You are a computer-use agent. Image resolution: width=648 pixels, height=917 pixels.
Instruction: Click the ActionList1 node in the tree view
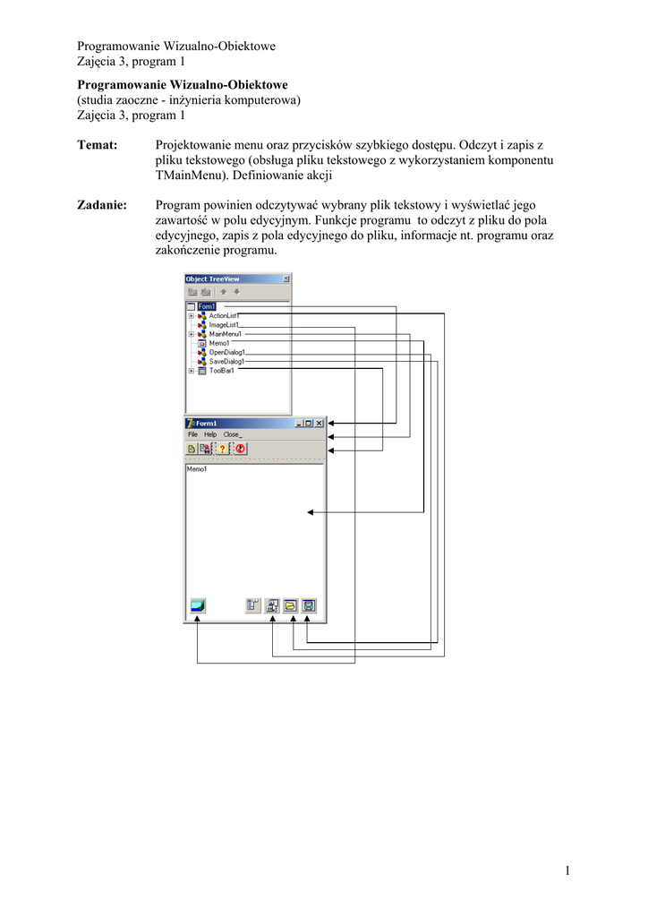224,315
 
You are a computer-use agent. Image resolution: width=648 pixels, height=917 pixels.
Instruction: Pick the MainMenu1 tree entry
225,334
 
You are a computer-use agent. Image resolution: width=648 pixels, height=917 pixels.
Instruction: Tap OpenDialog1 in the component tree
226,352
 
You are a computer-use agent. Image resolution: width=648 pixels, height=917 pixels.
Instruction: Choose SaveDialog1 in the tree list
226,362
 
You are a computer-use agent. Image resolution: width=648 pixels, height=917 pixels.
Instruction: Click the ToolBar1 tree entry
222,371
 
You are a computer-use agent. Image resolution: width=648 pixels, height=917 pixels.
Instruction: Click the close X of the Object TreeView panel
286,279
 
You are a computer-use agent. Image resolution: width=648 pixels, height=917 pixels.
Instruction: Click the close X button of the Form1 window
319,423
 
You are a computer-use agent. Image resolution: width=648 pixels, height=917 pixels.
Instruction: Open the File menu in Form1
192,434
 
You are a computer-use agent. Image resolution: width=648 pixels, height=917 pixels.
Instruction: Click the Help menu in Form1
210,434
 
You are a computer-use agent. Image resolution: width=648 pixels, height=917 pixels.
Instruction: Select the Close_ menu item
233,434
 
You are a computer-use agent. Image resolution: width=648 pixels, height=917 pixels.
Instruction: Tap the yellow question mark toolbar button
223,449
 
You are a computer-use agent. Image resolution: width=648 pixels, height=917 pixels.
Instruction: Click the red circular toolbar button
240,449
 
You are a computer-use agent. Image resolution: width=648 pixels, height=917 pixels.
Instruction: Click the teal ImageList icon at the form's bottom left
198,605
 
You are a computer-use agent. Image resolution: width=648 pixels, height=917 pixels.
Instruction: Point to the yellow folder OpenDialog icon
291,605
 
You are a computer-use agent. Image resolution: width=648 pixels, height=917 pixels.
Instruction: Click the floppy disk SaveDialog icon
309,605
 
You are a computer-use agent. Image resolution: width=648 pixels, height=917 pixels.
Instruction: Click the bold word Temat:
98,145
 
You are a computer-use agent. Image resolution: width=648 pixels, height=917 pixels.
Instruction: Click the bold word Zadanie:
102,205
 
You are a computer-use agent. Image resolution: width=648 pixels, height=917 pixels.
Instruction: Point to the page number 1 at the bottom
567,870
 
